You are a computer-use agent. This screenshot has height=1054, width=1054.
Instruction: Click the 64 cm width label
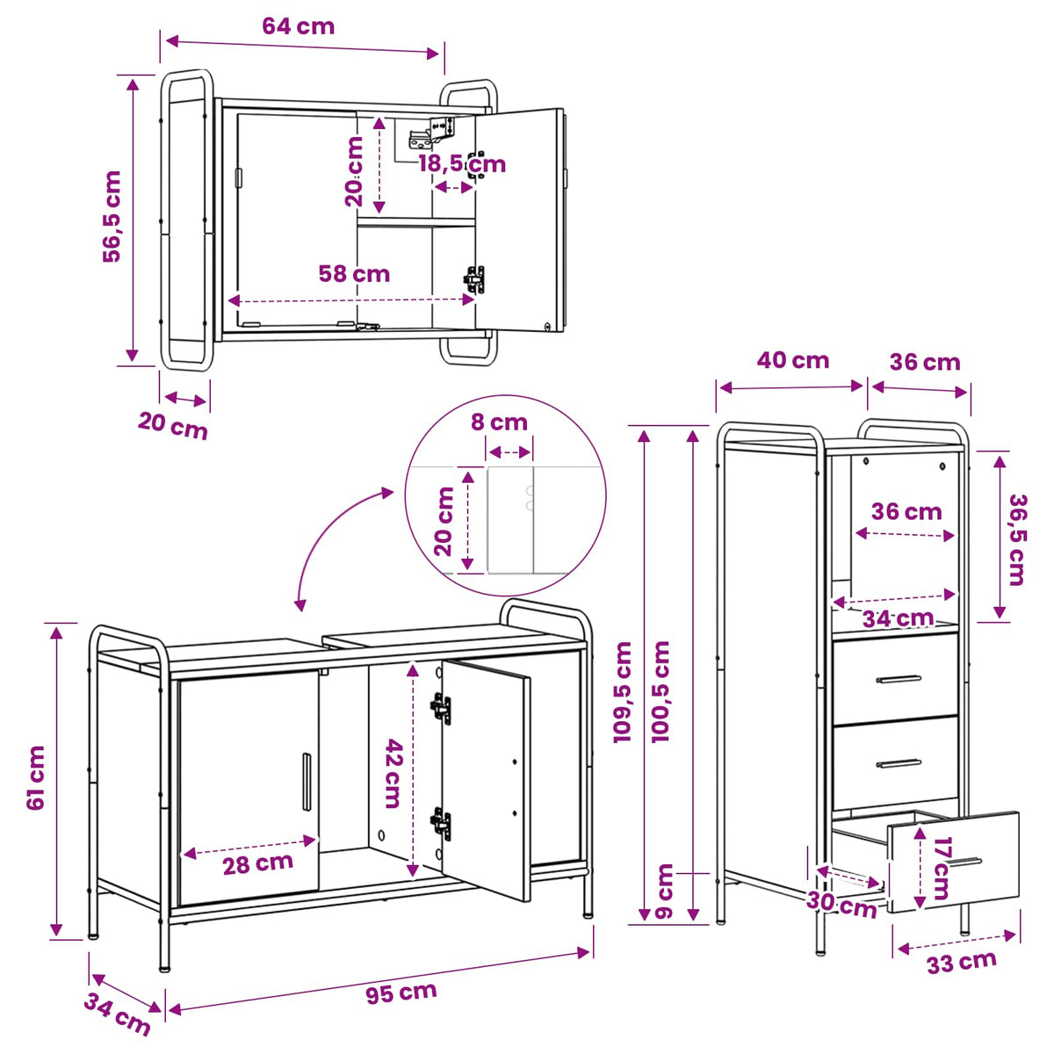[x=298, y=26]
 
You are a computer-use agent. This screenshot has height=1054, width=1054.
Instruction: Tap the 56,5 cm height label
[x=112, y=217]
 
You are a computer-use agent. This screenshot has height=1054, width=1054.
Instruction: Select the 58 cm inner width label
[x=355, y=273]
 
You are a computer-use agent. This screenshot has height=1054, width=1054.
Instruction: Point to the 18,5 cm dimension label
[x=462, y=163]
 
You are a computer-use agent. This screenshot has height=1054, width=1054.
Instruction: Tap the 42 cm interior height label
[x=393, y=774]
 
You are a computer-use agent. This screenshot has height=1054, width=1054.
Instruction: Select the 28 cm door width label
[x=257, y=864]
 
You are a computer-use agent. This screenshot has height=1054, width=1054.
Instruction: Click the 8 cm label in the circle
[x=499, y=422]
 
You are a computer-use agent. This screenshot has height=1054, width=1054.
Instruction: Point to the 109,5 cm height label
[x=623, y=692]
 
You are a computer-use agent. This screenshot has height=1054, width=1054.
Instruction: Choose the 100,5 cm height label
[x=661, y=691]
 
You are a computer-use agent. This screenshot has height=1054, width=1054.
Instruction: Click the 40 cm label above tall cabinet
[x=792, y=360]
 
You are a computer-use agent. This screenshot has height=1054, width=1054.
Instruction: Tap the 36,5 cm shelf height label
[x=1018, y=540]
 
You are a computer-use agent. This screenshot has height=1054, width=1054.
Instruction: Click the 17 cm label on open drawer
[x=942, y=868]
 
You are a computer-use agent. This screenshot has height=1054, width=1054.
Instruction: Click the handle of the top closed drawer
[x=899, y=679]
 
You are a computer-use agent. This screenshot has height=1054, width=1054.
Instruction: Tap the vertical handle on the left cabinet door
[x=307, y=782]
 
